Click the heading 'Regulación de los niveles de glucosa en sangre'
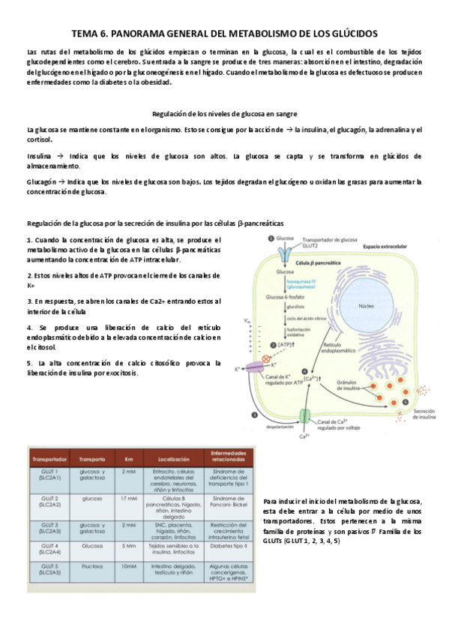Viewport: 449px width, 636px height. click(224, 113)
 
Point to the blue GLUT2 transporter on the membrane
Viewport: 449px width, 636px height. click(285, 253)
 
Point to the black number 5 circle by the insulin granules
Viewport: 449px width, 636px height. click(406, 402)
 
